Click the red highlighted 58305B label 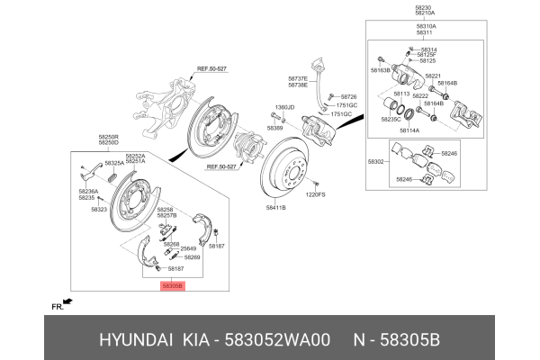pos(171,285)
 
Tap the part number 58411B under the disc pos(275,207)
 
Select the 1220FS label pos(314,194)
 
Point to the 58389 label pos(277,129)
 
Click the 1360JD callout pos(284,107)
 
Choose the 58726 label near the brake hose pos(348,96)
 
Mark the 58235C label pos(391,119)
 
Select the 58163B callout pos(382,68)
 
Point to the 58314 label pos(428,49)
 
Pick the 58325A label pos(114,163)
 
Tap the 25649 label pos(187,248)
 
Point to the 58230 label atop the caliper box pos(424,8)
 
